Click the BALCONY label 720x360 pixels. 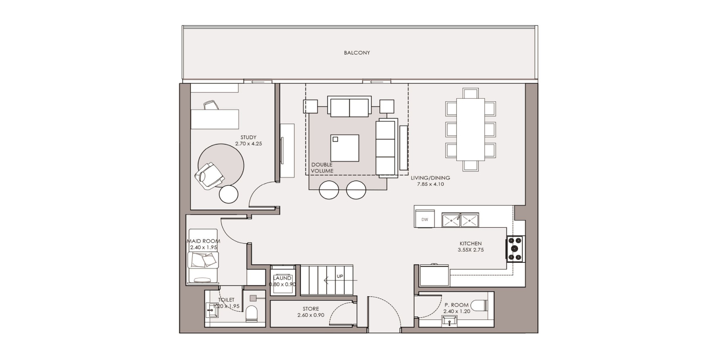[357, 52]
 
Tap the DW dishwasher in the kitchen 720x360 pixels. [425, 219]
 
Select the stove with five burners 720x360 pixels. [515, 248]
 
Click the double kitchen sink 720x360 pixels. [460, 220]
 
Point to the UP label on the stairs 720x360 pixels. [340, 276]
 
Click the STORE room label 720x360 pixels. [311, 309]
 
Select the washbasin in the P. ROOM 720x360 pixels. [449, 321]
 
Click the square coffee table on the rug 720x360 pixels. [345, 148]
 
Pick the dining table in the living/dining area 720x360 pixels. [471, 129]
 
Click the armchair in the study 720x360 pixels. [209, 176]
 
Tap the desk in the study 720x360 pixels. [215, 119]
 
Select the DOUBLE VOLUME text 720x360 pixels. [322, 168]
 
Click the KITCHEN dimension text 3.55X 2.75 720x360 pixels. [471, 250]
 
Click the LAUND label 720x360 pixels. [282, 278]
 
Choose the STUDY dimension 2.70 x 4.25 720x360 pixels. [248, 143]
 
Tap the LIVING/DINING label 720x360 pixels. [430, 178]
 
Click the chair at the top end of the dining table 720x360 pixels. [471, 93]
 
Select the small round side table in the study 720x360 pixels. [228, 194]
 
